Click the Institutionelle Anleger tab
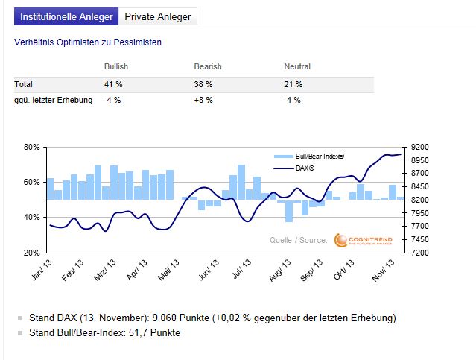tap(66, 16)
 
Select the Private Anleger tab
tap(157, 16)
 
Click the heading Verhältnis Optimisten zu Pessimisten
tap(88, 42)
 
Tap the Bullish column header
tap(118, 67)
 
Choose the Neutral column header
tap(297, 67)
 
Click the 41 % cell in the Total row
tap(113, 84)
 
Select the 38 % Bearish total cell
tap(203, 84)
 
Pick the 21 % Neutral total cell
tap(293, 84)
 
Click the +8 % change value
tap(203, 100)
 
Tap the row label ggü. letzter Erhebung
tap(53, 100)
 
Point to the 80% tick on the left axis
tap(32, 147)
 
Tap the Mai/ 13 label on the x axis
tap(169, 268)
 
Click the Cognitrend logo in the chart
tap(362, 239)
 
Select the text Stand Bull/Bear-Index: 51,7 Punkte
tap(104, 332)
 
